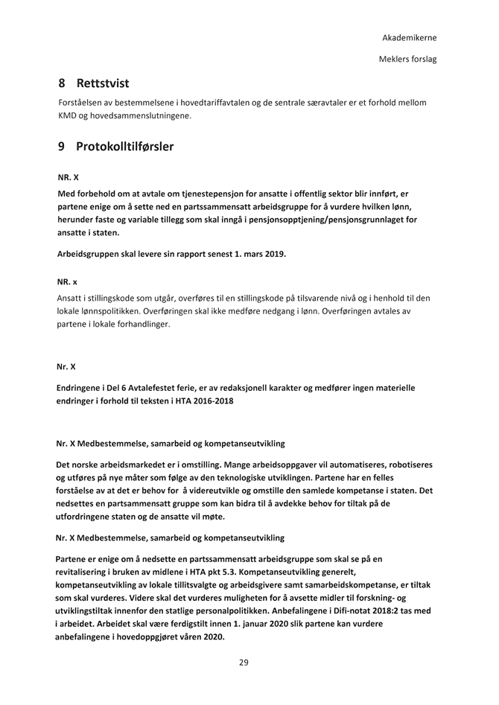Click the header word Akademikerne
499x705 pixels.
click(409, 37)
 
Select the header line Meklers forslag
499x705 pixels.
click(407, 58)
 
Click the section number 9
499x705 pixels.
click(62, 147)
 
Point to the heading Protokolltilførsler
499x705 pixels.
click(125, 147)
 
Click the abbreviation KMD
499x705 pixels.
click(70, 115)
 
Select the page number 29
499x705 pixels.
click(244, 663)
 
